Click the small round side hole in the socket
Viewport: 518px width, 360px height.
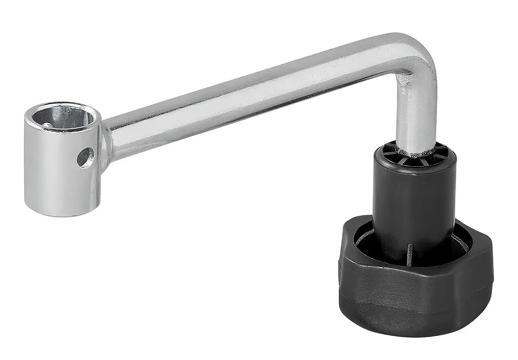[85, 157]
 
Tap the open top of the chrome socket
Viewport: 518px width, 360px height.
[63, 118]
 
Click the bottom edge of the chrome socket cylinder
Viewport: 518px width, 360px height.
[62, 212]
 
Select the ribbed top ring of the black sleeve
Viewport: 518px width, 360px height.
[414, 155]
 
